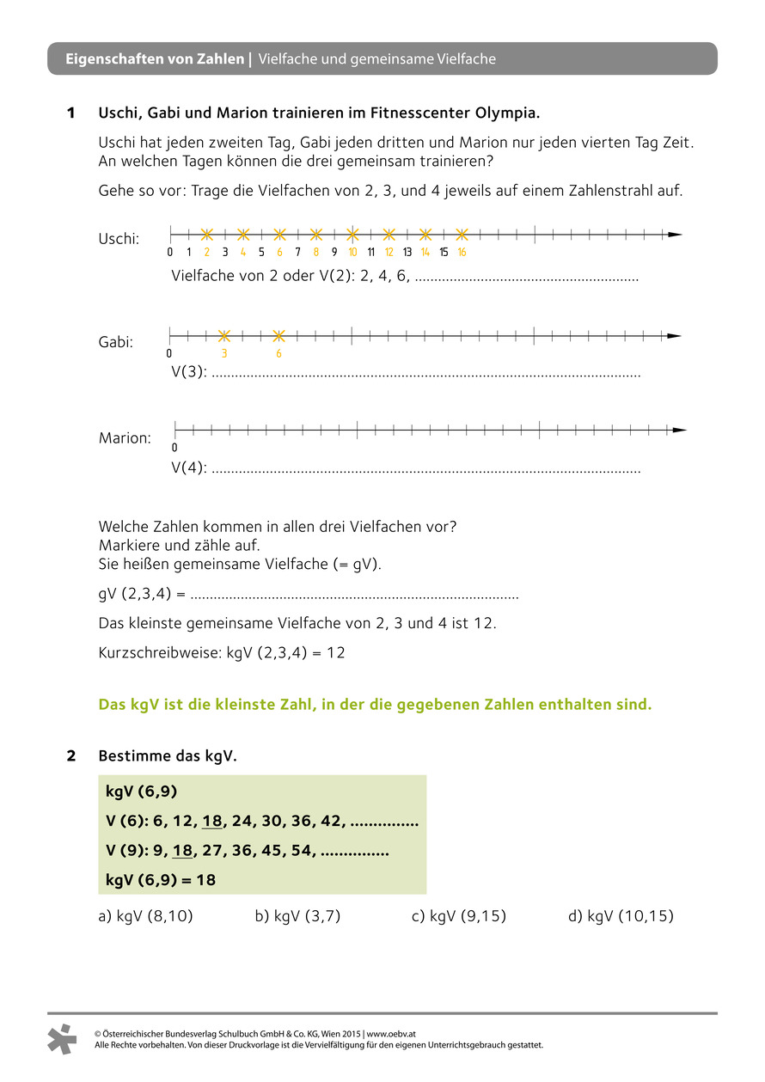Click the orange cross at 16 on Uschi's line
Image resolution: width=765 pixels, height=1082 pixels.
pos(462,234)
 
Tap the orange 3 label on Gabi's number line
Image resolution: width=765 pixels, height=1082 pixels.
pos(224,353)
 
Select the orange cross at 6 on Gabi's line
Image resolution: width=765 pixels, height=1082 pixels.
pos(278,335)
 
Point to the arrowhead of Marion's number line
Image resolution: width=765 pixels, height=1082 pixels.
pos(680,430)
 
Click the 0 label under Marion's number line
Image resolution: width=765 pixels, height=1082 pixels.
pos(174,448)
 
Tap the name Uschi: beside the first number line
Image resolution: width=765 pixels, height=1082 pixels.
pos(119,239)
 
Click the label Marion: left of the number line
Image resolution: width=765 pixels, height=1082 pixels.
pos(125,438)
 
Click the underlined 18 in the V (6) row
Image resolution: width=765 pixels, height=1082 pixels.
pos(212,822)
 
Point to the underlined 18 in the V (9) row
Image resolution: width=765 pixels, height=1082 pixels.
pos(182,852)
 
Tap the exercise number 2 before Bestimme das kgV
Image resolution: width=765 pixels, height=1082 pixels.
pos(71,756)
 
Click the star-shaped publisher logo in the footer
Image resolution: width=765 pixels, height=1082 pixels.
pos(62,1038)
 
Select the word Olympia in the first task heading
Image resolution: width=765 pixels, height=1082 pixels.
pos(507,113)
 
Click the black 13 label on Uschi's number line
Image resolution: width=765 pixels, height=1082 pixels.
pos(407,252)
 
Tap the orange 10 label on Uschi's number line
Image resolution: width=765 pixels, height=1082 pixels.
pos(352,252)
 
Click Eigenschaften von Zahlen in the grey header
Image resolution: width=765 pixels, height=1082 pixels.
pos(155,59)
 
